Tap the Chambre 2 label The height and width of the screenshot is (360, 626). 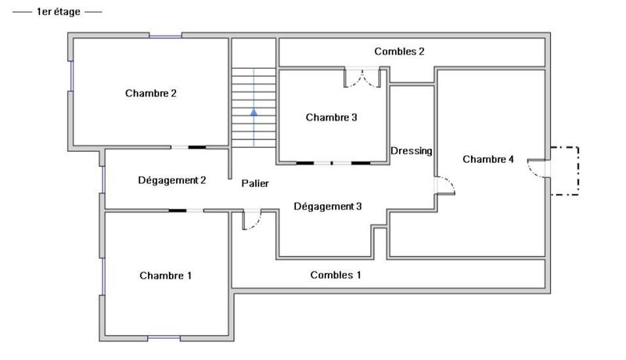pos(151,93)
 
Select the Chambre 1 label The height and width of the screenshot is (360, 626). pos(165,275)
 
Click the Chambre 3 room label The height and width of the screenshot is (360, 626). pos(331,118)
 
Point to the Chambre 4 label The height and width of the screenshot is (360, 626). pos(488,160)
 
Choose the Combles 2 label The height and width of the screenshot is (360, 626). pos(399,52)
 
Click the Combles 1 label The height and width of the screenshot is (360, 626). pos(336,275)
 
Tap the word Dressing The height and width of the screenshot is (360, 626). pos(411,151)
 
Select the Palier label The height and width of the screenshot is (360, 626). pos(255,183)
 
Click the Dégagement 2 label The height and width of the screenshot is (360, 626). pos(171,180)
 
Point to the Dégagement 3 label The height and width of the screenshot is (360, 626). pos(328,207)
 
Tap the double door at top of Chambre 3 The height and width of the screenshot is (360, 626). pos(362,77)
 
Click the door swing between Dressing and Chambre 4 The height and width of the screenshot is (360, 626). pos(444,185)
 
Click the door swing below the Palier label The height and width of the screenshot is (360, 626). pos(251,221)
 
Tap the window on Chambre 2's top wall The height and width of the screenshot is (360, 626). pos(165,35)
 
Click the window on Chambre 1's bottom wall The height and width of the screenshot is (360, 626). pos(164,338)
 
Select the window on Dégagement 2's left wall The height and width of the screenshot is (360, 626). pos(103,179)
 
